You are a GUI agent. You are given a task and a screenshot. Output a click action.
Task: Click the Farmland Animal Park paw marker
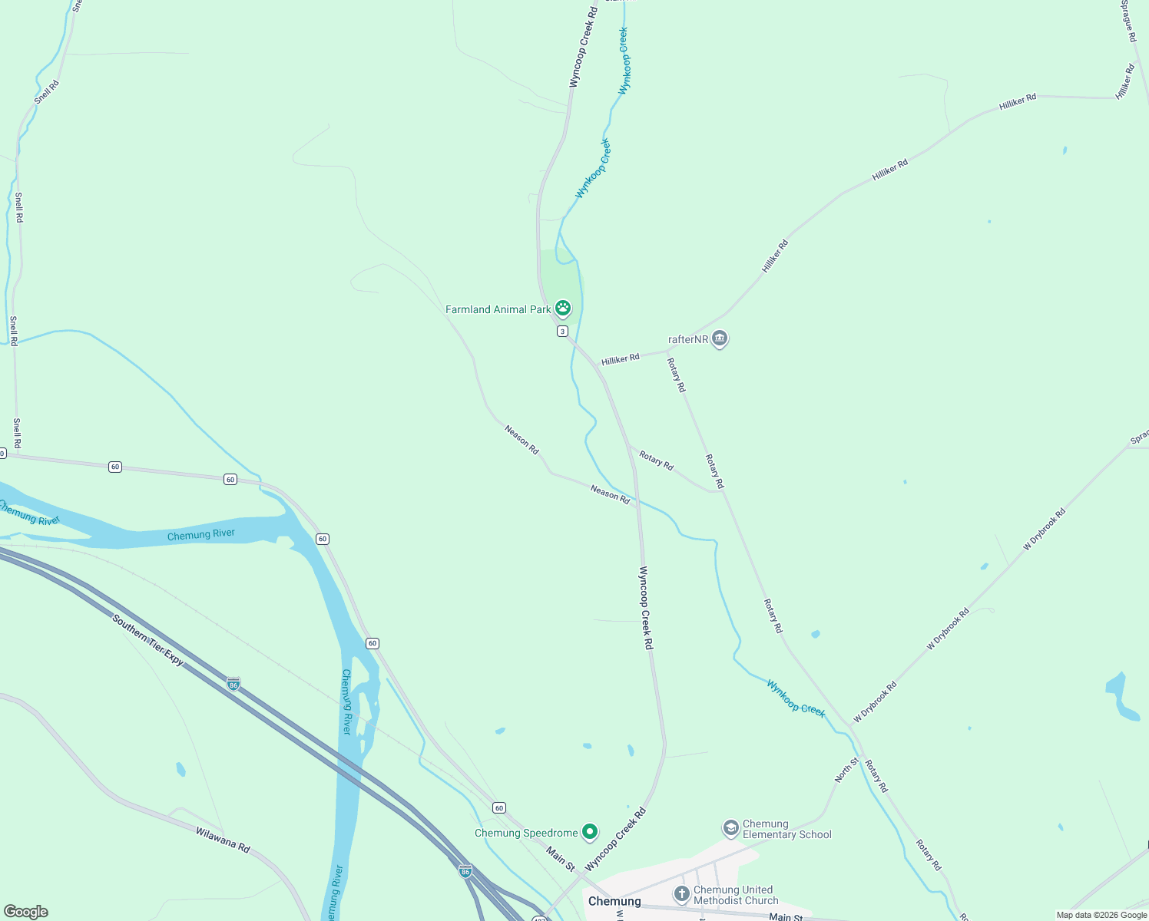[x=563, y=309]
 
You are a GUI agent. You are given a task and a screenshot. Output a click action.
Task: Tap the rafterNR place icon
[x=719, y=338]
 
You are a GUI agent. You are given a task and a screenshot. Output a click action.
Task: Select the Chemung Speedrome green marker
[x=590, y=832]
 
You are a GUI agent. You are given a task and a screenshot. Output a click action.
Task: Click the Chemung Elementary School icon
[x=730, y=828]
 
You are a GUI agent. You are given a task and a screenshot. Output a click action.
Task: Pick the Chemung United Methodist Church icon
[x=681, y=894]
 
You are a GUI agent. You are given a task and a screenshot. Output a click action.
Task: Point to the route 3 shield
[x=563, y=332]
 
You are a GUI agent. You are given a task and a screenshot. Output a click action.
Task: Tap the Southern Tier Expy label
[x=148, y=640]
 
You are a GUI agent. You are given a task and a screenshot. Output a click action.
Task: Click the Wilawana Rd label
[x=223, y=840]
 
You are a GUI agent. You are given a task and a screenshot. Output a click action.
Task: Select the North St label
[x=846, y=770]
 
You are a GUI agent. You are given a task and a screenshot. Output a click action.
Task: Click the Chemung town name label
[x=614, y=901]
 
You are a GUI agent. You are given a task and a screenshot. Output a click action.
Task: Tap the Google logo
[x=25, y=912]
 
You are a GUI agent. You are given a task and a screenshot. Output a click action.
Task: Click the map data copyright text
[x=1101, y=915]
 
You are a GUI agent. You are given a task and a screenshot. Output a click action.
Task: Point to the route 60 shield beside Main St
[x=499, y=808]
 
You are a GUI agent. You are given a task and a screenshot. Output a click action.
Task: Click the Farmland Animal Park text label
[x=498, y=309]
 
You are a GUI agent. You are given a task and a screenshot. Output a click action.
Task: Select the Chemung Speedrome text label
[x=526, y=833]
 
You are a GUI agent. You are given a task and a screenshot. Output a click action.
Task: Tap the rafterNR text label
[x=687, y=339]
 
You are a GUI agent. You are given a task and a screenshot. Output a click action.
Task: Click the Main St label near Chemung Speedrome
[x=561, y=857]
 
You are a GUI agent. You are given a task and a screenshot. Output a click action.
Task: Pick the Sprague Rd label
[x=1127, y=21]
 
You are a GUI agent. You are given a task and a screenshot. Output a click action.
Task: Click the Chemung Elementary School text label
[x=786, y=829]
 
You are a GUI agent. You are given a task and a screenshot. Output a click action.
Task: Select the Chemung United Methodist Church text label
[x=736, y=895]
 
